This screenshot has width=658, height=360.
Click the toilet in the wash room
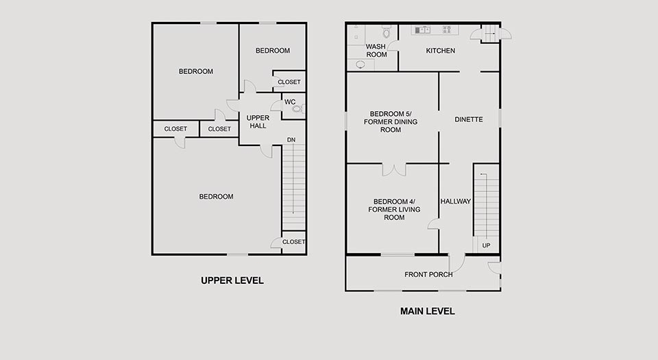click(387, 32)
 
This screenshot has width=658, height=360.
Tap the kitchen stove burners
click(447, 29)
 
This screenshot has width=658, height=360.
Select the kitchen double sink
click(423, 29)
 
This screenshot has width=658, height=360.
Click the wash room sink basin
click(361, 64)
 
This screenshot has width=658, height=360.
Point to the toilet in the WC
click(297, 108)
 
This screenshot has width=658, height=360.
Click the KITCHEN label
click(440, 51)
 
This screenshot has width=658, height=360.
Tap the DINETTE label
click(468, 119)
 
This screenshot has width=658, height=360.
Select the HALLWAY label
click(455, 202)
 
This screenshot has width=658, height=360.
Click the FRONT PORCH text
click(428, 274)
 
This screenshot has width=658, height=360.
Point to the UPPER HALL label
click(258, 121)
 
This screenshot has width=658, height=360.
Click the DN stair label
click(291, 140)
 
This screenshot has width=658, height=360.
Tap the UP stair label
click(486, 245)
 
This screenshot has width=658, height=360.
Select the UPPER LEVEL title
click(232, 280)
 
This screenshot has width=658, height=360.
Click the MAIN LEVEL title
click(427, 311)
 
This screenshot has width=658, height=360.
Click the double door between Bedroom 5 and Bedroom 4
click(394, 169)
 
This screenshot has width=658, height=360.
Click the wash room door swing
click(392, 46)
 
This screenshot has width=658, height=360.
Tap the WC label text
click(290, 102)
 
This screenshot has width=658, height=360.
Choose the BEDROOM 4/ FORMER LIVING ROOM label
click(394, 209)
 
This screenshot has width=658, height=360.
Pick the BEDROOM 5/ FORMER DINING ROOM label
click(390, 121)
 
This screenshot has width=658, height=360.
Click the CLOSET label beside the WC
click(289, 82)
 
